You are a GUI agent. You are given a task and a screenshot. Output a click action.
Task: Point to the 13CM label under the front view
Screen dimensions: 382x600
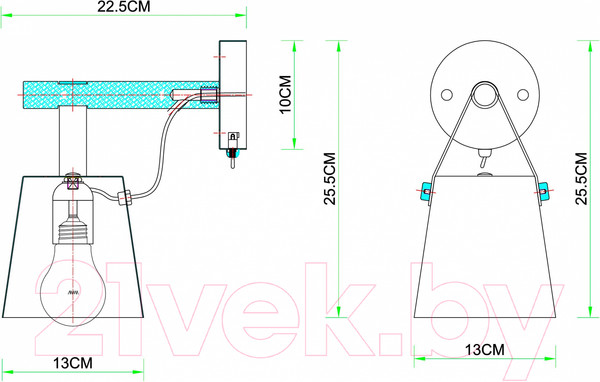(485, 349)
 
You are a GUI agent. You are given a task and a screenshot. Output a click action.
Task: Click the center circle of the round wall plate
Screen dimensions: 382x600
(485, 97)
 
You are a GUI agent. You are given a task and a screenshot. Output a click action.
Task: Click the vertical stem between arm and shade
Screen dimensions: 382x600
(73, 140)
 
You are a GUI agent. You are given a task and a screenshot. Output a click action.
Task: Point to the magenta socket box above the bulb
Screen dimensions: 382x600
(73, 181)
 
